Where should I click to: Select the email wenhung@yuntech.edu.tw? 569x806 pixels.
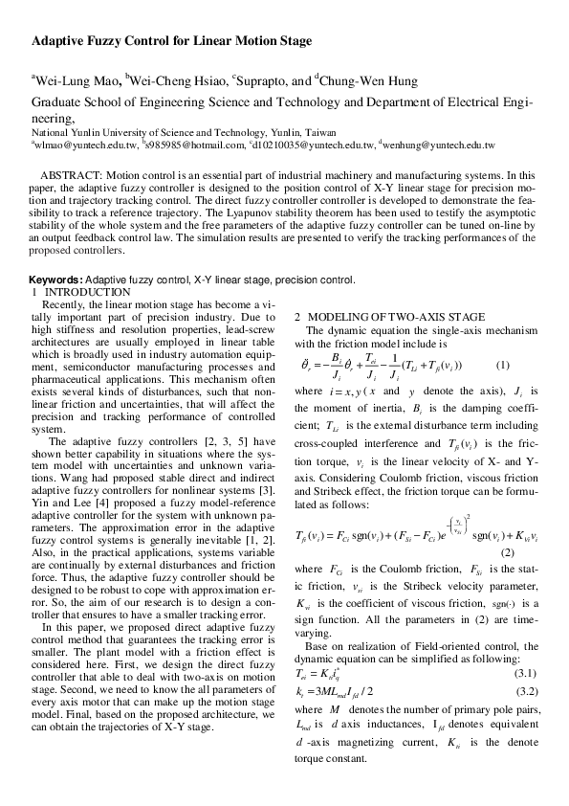[x=439, y=145]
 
